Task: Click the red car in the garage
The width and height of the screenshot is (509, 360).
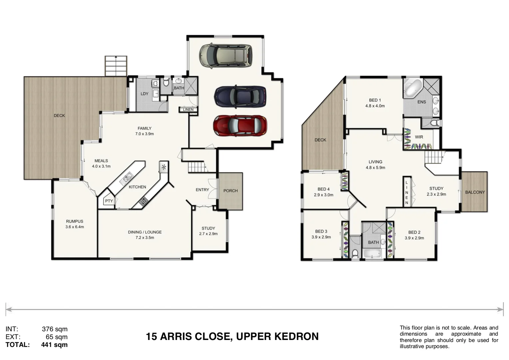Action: [x=240, y=126]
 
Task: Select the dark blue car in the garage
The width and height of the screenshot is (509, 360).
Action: [x=240, y=97]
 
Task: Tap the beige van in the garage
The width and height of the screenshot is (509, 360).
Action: [x=226, y=55]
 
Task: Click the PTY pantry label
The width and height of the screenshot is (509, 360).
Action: [x=109, y=201]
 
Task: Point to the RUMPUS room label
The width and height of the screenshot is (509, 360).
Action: [x=75, y=221]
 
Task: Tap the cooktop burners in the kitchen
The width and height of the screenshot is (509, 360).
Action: [x=143, y=201]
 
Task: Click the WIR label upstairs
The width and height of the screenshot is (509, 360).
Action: [x=419, y=137]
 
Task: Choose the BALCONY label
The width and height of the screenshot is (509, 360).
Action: [x=475, y=192]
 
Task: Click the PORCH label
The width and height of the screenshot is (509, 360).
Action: [x=231, y=191]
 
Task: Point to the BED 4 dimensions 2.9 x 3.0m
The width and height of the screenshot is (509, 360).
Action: [x=323, y=195]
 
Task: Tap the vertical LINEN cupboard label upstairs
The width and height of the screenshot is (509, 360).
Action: [x=406, y=192]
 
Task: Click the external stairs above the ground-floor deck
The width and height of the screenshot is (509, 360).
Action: [x=116, y=66]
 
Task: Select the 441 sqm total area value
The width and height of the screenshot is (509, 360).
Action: [x=54, y=345]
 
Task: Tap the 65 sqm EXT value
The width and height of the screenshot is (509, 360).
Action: [x=57, y=337]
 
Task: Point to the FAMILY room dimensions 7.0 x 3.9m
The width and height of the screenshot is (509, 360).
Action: [x=145, y=134]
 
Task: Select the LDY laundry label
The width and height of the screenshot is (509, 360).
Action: [x=144, y=94]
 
